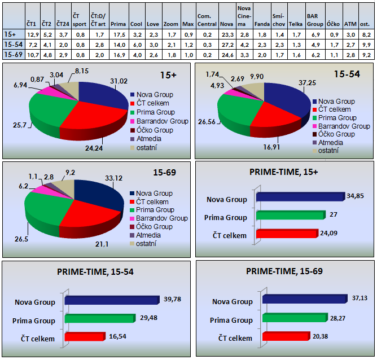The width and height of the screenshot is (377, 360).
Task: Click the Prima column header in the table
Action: click(x=119, y=24)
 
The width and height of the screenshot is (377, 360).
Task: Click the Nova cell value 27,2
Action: click(x=227, y=44)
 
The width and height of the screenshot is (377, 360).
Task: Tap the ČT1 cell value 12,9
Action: click(x=33, y=34)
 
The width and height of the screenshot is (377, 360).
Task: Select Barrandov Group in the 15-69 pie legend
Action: click(x=161, y=218)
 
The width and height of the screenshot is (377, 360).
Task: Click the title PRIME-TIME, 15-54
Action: click(x=95, y=271)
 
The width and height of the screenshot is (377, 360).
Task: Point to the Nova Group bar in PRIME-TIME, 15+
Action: click(x=299, y=197)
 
